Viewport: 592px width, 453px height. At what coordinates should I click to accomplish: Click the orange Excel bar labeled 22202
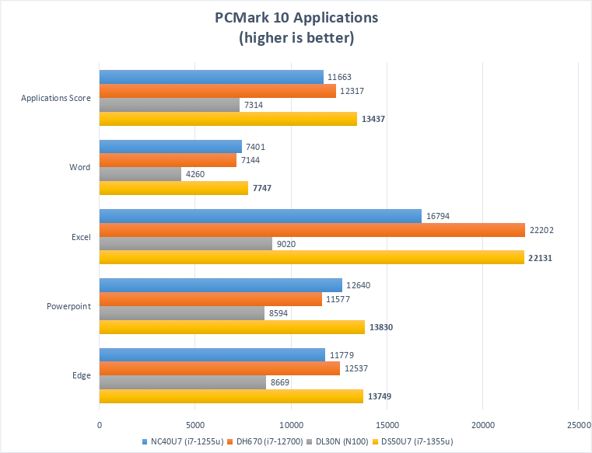pyautogui.click(x=312, y=230)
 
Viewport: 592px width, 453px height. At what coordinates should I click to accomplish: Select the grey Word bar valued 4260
pyautogui.click(x=140, y=174)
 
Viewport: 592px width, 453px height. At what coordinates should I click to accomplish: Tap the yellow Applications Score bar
pyautogui.click(x=228, y=119)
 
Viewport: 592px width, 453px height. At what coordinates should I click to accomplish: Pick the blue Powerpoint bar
pyautogui.click(x=220, y=285)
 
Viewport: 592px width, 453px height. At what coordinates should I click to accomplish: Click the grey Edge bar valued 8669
pyautogui.click(x=182, y=382)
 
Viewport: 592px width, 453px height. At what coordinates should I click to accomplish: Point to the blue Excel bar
pyautogui.click(x=260, y=216)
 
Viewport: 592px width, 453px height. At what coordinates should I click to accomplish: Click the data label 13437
pyautogui.click(x=373, y=119)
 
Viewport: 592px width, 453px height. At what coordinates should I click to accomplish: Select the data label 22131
pyautogui.click(x=541, y=258)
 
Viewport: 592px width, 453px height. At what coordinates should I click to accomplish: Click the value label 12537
pyautogui.click(x=356, y=368)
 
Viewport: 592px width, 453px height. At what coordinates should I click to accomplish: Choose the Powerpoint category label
pyautogui.click(x=68, y=306)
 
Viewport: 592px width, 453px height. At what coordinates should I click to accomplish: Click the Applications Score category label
pyautogui.click(x=55, y=98)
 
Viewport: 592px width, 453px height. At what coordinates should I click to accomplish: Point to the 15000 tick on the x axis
pyautogui.click(x=387, y=425)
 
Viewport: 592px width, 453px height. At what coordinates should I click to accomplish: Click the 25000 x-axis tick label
pyautogui.click(x=578, y=425)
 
